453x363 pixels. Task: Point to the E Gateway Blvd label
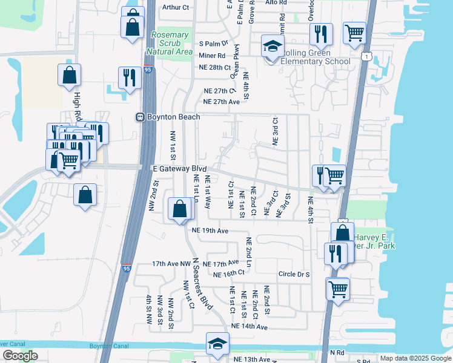[x=179, y=169]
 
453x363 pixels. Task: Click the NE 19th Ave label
[x=210, y=231]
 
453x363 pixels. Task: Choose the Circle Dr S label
[x=294, y=274]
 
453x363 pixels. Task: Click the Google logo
[x=20, y=356]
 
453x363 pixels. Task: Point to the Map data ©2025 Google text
[x=415, y=358]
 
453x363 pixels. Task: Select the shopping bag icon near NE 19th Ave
[x=180, y=209]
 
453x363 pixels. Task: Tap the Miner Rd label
[x=211, y=56]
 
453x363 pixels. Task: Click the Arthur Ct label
[x=176, y=7]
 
